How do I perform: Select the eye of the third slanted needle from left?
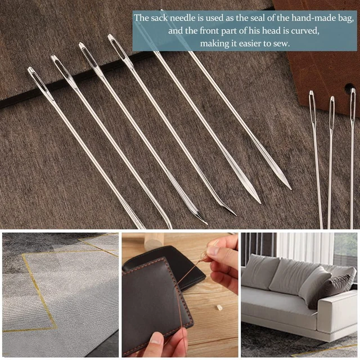[89, 54]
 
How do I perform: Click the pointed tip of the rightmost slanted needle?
[291, 189]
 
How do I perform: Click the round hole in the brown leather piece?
[349, 88]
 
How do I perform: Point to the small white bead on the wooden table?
[219, 308]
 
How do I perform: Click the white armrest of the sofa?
[337, 314]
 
